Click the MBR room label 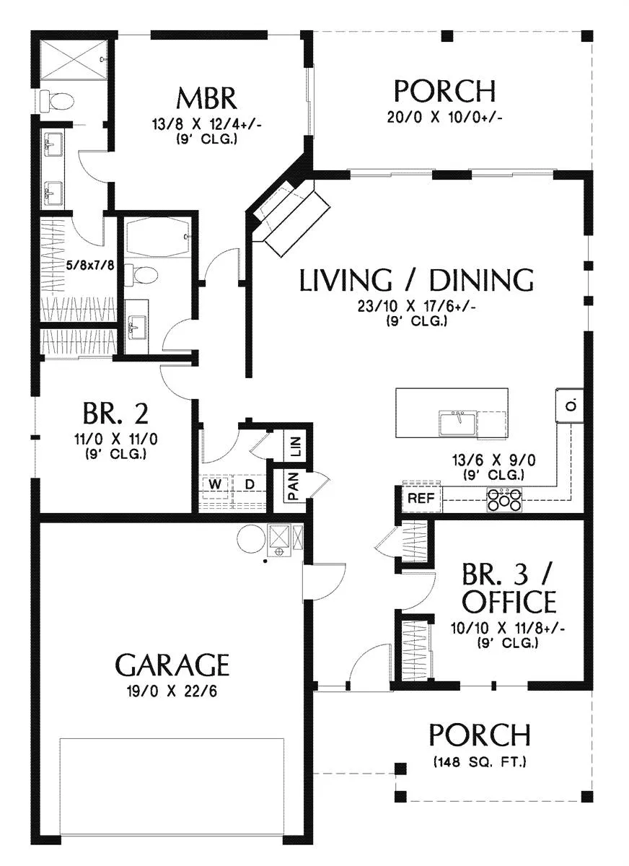point(206,99)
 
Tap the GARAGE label point(172,665)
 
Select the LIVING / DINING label point(417,280)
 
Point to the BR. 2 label point(115,414)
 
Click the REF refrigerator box point(421,499)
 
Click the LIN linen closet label point(295,446)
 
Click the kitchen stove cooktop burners point(503,500)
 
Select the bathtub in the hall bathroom point(157,237)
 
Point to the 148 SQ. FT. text point(480,761)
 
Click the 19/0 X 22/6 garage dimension point(172,691)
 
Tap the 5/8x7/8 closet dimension point(90,266)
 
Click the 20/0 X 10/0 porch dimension point(444,117)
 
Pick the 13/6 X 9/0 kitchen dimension point(494,460)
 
